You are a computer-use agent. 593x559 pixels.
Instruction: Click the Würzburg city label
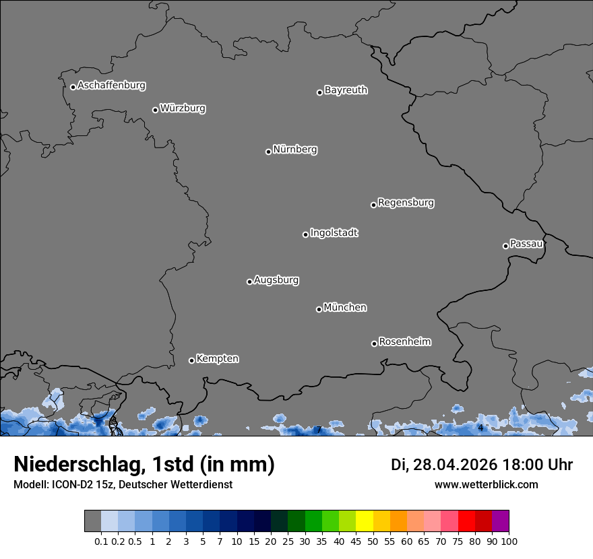click(183, 108)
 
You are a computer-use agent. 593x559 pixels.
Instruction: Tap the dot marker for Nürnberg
click(268, 152)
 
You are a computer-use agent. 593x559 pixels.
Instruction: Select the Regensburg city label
click(406, 203)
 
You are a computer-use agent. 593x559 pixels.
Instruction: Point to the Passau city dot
click(505, 246)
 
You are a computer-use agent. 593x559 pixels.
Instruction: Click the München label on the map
click(345, 308)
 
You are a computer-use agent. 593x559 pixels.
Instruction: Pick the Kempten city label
click(217, 359)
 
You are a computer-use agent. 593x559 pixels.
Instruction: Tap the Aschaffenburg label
click(111, 86)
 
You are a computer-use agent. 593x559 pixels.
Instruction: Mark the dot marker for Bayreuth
click(319, 92)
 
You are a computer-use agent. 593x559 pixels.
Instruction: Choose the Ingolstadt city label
click(334, 233)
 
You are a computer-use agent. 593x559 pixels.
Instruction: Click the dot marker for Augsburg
click(249, 282)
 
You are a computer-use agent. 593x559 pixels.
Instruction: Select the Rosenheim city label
click(405, 342)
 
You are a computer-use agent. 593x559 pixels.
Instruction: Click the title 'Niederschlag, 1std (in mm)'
click(144, 465)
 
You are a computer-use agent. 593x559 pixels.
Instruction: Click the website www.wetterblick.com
click(486, 484)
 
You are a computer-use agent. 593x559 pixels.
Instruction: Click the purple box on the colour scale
click(500, 521)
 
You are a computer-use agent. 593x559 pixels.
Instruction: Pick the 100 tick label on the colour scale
click(509, 541)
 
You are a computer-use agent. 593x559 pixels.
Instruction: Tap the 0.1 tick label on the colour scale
click(101, 541)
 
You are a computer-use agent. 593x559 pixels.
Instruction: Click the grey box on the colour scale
click(92, 521)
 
